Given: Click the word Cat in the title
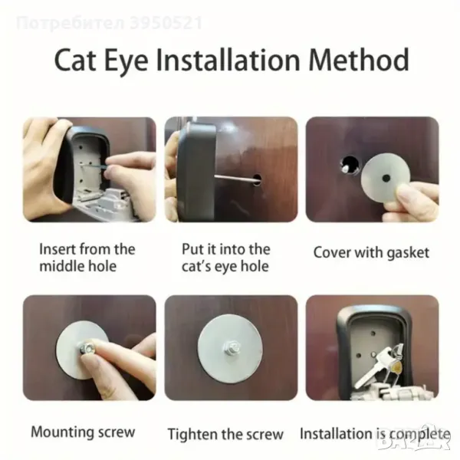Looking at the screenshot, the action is coord(75,60).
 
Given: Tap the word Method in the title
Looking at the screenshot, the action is coord(359,60).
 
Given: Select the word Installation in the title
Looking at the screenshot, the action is coord(228,60).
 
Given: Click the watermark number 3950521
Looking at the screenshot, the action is coord(166,24).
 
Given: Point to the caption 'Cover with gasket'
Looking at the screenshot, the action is coord(371,252).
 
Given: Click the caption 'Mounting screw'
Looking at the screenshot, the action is coord(83,432).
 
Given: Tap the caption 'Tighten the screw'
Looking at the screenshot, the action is coord(225,434).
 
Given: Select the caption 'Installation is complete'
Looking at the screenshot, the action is coord(375,434).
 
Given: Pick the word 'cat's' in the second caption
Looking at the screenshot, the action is coord(195,266).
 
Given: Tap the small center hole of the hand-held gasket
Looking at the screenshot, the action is coord(386,178).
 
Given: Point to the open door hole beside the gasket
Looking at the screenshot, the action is coord(350,165).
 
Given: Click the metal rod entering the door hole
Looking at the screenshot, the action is coord(234,178).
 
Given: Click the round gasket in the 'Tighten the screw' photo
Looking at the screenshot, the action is coord(230,347).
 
